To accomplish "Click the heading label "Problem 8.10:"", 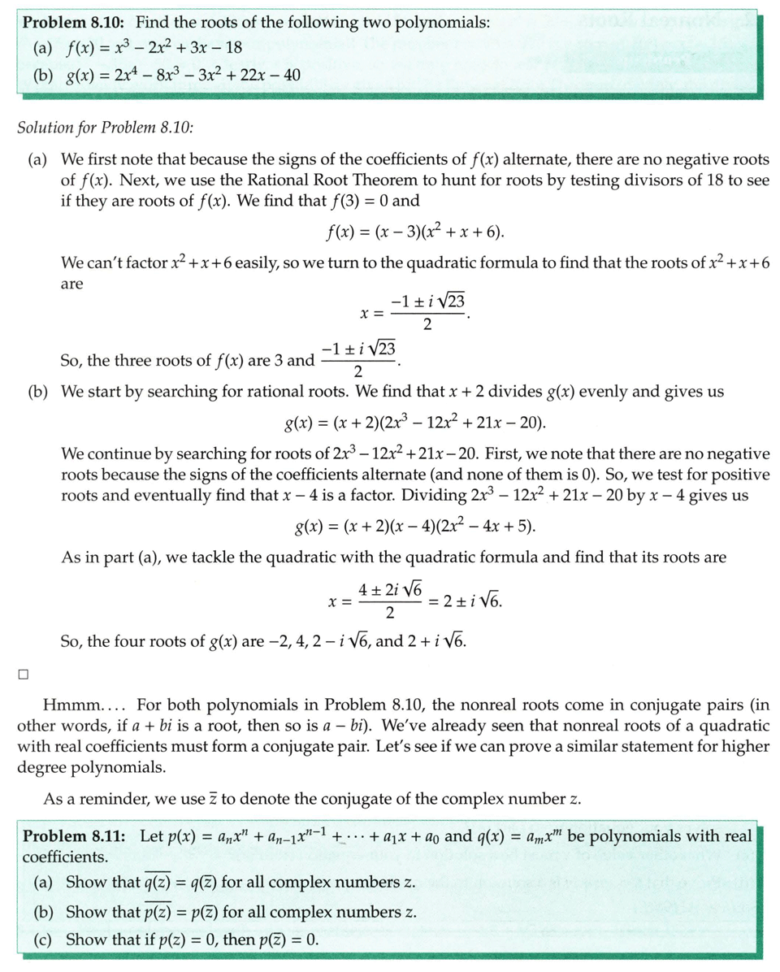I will (71, 22).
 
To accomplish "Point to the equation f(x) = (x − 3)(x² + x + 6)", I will (414, 234).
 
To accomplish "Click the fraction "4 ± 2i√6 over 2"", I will (391, 602).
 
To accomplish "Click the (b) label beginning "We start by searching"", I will (38, 392).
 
